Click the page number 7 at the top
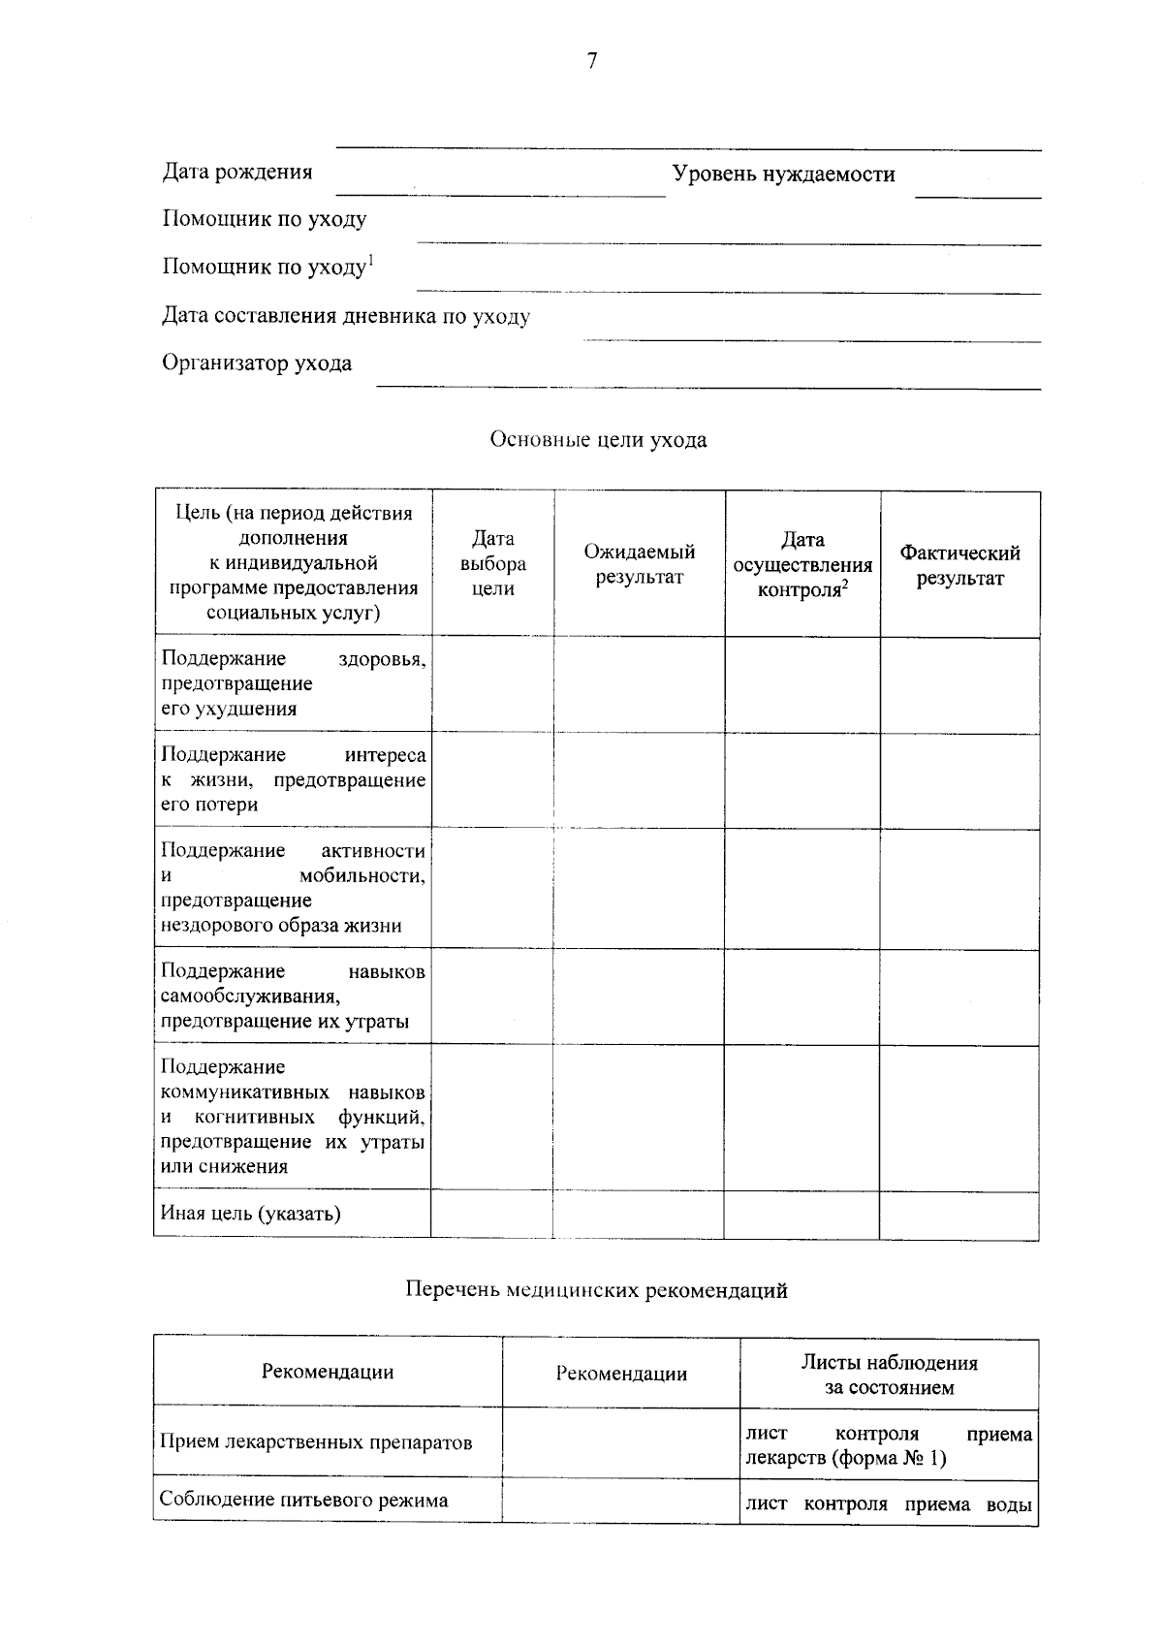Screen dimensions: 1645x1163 [591, 61]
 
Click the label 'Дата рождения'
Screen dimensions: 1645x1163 [236, 173]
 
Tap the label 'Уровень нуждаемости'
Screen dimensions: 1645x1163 [783, 174]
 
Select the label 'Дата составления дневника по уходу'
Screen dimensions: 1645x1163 [345, 316]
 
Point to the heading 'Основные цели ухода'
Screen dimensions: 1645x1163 [598, 440]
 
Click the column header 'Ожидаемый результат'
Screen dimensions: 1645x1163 [639, 564]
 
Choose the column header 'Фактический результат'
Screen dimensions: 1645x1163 [959, 565]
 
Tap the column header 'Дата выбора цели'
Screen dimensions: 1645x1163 [492, 563]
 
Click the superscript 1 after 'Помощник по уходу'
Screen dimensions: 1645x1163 [370, 259]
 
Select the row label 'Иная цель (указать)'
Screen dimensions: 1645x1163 [250, 1214]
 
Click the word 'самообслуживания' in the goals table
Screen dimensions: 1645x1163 [249, 996]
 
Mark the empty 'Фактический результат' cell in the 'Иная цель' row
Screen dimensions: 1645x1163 [959, 1215]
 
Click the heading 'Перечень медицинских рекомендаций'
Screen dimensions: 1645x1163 [595, 1291]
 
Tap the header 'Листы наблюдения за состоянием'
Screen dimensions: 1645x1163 [889, 1375]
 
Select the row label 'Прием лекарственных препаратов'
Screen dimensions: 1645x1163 [316, 1442]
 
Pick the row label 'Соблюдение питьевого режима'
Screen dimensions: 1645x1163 [303, 1501]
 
